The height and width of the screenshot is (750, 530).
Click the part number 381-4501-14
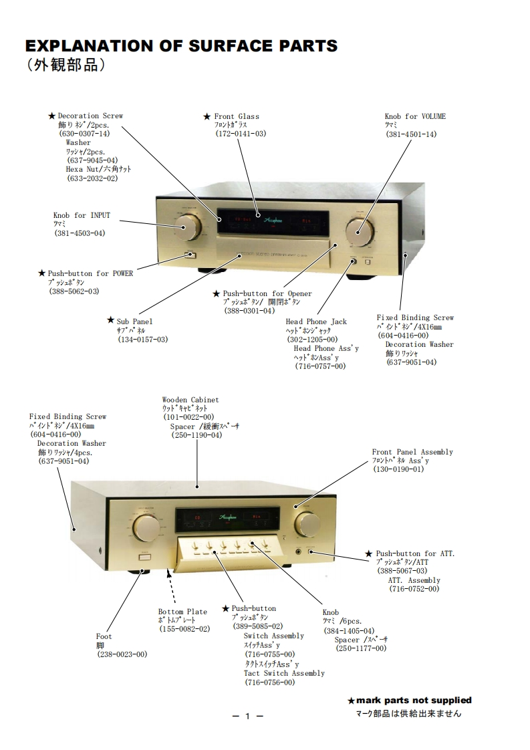point(410,134)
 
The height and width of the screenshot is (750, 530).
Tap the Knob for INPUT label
point(82,215)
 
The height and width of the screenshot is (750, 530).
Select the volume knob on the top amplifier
point(361,230)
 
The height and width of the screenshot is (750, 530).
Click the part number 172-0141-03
point(240,134)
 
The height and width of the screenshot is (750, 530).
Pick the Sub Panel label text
point(134,322)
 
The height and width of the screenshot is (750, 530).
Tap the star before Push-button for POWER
point(42,273)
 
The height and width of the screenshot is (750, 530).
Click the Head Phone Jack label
point(316,322)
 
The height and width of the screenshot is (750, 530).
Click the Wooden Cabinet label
point(190,400)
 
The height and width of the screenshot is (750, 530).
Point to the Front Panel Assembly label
point(412,452)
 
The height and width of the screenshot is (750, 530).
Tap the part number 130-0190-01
point(398,469)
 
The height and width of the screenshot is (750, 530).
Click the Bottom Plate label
point(182,612)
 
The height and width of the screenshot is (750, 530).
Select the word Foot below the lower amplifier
point(104,636)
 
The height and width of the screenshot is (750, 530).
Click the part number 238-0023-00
point(122,654)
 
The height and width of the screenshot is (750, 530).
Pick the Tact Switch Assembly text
point(284,673)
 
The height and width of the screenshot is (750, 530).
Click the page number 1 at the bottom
point(247,717)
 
